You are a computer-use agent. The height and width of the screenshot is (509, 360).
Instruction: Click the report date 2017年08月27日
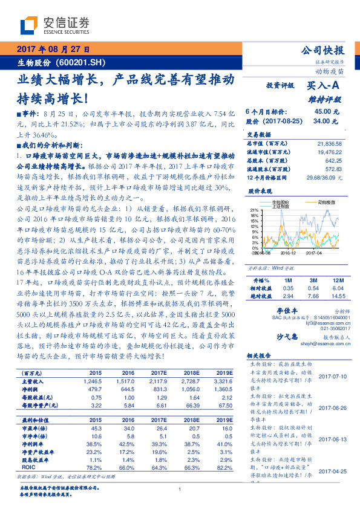click(x=53, y=50)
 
